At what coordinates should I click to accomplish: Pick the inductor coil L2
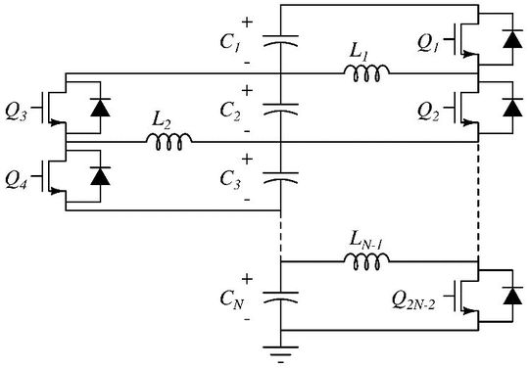[168, 142]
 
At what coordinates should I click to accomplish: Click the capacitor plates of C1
[280, 43]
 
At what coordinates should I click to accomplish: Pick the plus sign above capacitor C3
[247, 159]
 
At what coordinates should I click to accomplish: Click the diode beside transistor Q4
[99, 177]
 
